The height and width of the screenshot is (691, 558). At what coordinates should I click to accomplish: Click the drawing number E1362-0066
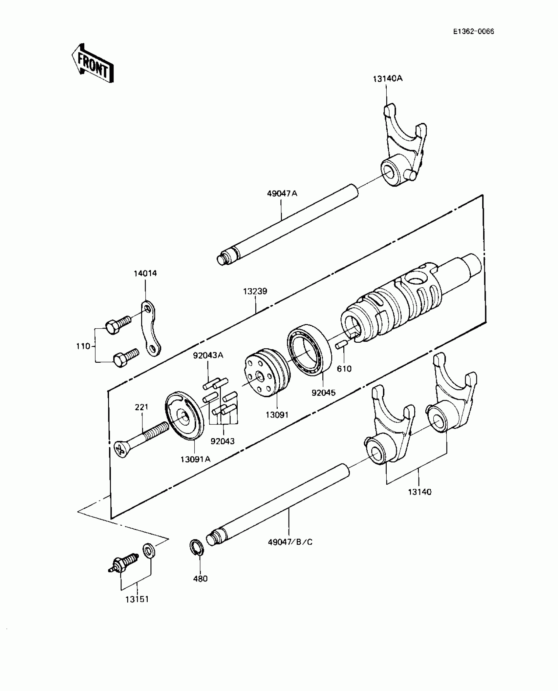point(473,31)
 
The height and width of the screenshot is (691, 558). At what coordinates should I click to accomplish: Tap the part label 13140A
point(387,79)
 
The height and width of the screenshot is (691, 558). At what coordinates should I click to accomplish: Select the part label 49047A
point(282,193)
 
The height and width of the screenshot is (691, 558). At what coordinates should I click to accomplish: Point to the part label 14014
point(145,273)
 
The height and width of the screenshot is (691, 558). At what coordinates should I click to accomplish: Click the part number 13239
point(255,291)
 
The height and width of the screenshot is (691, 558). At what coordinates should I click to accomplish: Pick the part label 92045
point(323,393)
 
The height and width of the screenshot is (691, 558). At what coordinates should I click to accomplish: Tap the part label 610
point(344,369)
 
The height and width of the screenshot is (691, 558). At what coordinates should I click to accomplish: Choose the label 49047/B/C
point(290,542)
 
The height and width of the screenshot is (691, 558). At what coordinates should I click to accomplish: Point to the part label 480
point(200,579)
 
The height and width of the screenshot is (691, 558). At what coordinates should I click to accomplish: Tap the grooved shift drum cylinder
point(394,305)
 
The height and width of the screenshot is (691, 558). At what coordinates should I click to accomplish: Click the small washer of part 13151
point(149,551)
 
